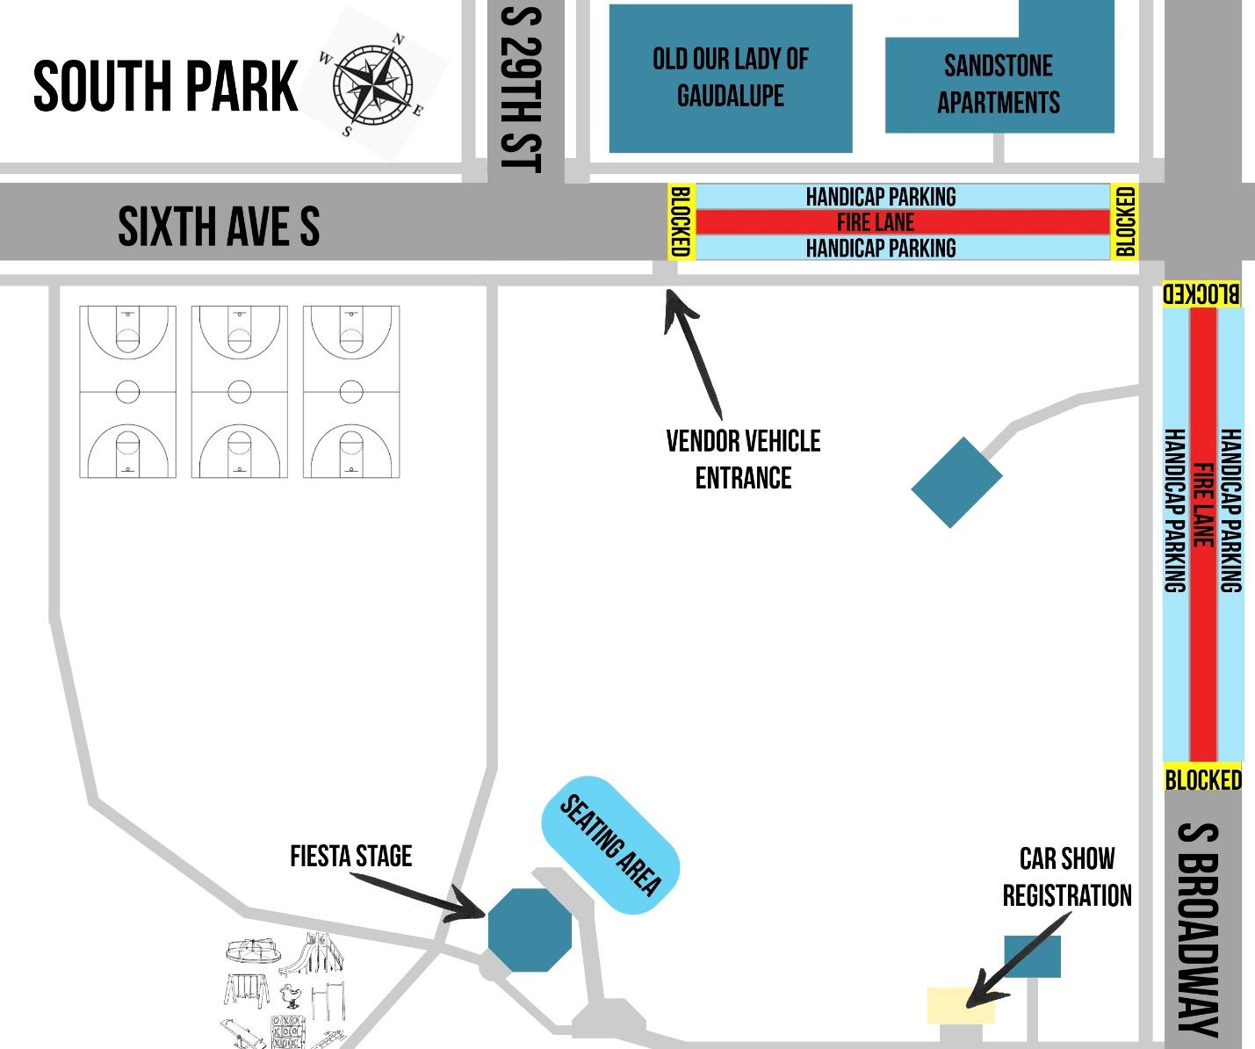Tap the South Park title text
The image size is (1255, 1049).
pyautogui.click(x=165, y=87)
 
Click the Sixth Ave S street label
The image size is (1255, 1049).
pyautogui.click(x=219, y=227)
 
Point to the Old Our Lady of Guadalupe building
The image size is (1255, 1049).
pyautogui.click(x=730, y=77)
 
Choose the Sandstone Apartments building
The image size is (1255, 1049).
pyautogui.click(x=999, y=84)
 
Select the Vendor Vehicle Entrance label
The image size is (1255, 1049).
pyautogui.click(x=743, y=459)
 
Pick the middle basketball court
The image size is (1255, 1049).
pyautogui.click(x=239, y=392)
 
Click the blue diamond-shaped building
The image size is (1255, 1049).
pyautogui.click(x=956, y=482)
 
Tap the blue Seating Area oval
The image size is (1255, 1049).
pyautogui.click(x=610, y=845)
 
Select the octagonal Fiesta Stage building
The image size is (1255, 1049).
pyautogui.click(x=529, y=930)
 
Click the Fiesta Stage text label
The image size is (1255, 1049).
pyautogui.click(x=350, y=856)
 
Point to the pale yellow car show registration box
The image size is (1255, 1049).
pyautogui.click(x=960, y=1005)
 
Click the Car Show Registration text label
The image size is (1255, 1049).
pyautogui.click(x=1066, y=877)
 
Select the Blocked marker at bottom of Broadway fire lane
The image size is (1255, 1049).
pyautogui.click(x=1202, y=778)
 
